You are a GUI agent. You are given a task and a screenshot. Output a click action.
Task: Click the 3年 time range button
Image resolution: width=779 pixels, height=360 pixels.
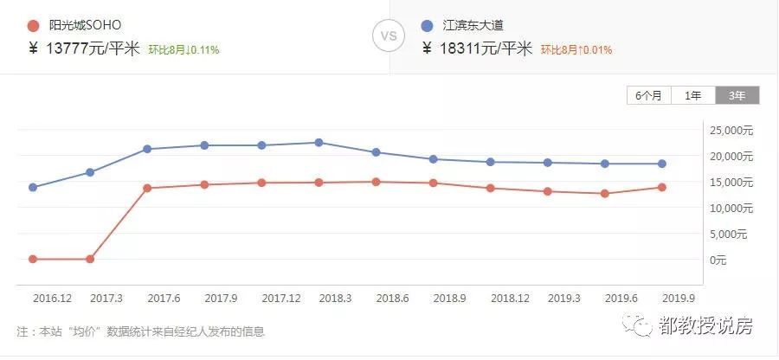(737, 96)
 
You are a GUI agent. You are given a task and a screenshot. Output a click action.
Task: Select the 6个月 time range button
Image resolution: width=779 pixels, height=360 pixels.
(648, 96)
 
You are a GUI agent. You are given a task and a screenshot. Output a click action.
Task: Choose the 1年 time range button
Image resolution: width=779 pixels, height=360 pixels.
(692, 96)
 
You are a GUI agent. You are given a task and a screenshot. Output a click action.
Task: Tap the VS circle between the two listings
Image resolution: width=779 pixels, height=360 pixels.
(389, 36)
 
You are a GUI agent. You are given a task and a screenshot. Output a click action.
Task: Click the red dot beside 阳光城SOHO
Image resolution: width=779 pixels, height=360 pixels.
(34, 26)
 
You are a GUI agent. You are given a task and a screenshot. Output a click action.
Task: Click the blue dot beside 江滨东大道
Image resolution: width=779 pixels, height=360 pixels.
(428, 26)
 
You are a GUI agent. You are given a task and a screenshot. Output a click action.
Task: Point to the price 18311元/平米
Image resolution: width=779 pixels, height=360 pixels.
(486, 48)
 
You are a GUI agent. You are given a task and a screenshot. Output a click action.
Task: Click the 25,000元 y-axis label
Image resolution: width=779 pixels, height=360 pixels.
(731, 131)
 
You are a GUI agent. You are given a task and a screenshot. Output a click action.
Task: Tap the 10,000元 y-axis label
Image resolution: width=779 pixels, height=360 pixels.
(731, 209)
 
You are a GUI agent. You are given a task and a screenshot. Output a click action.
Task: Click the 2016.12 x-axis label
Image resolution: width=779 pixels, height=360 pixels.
(52, 298)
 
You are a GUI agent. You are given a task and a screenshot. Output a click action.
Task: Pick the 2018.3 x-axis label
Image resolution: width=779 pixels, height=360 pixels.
(334, 298)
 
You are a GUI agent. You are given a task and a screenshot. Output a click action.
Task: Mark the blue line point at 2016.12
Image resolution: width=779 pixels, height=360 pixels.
(33, 187)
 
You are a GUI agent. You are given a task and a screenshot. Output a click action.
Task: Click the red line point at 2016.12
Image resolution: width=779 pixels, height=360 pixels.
(33, 259)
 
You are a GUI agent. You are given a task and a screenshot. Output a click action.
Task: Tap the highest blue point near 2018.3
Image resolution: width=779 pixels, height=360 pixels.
(319, 142)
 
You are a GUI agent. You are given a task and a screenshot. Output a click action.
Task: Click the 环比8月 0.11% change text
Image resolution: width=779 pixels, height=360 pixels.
(183, 50)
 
